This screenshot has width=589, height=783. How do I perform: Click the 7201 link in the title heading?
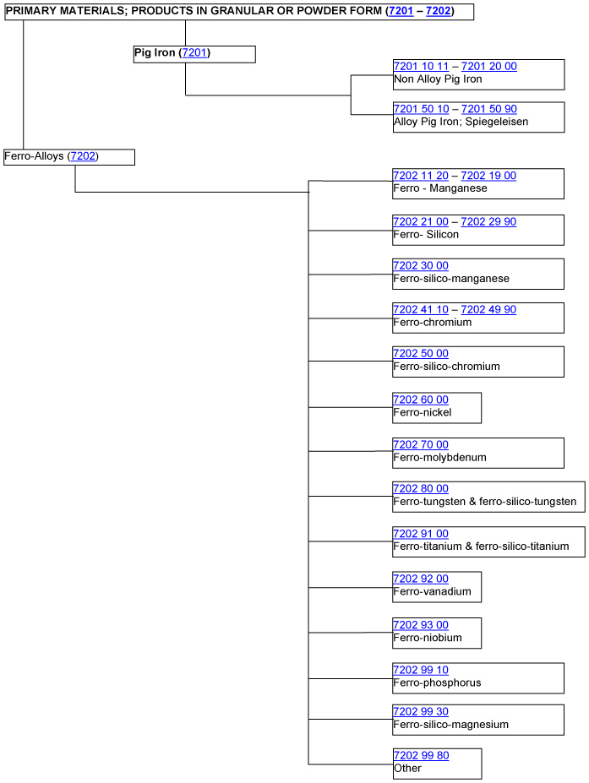point(401,10)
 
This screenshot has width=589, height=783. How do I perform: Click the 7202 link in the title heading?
point(439,10)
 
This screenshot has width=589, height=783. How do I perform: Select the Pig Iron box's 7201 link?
point(194,52)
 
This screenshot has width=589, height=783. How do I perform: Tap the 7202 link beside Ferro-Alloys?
point(83,155)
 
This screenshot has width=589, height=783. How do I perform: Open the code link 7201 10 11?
point(421,66)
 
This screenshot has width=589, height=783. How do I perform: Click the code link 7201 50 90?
point(489,109)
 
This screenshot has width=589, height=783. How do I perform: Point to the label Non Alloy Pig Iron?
point(438,79)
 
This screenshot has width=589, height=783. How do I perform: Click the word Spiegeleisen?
point(497,122)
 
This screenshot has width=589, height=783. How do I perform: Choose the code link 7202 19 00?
point(488,176)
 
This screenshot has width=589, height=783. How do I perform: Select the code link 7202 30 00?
point(421,266)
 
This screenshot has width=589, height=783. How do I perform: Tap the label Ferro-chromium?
point(432,322)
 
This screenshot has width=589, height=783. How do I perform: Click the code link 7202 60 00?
point(421,400)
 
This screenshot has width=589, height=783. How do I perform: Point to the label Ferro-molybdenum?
point(439,458)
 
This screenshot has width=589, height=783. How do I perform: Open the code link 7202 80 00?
point(421,488)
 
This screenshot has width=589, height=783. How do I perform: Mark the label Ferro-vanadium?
point(432,591)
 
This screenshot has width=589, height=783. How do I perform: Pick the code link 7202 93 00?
point(421,625)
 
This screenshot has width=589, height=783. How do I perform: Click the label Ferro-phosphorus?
point(437,682)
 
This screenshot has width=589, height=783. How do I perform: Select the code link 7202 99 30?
point(421,711)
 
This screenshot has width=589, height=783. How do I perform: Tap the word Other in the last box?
point(407,768)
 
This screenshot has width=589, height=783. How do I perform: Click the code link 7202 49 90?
point(488,309)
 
